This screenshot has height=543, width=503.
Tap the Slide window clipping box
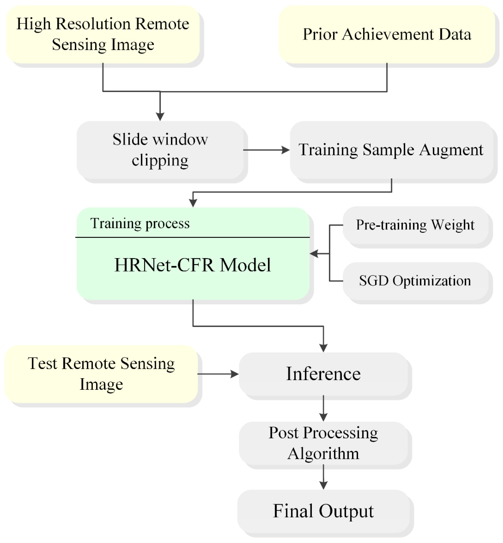coord(160,150)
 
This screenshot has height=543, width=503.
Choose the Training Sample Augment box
coord(391,150)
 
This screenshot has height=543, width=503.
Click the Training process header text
coord(140,223)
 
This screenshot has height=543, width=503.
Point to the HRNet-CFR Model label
coord(193,265)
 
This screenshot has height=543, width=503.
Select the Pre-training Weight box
coord(415,225)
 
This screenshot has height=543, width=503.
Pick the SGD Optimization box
coord(415,281)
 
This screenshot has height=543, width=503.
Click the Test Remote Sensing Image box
coord(101,374)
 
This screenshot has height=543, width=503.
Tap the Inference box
coord(323,374)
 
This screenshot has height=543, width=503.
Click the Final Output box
coord(323,511)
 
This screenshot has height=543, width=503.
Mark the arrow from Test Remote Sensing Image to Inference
coord(218,374)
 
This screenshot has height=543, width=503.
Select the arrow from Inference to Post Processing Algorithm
coord(323,408)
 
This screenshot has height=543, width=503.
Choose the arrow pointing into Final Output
coord(323,477)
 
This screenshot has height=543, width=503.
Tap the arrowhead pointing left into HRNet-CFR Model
coord(314,254)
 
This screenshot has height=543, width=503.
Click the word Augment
coord(451,150)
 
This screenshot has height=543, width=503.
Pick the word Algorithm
coord(323,454)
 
